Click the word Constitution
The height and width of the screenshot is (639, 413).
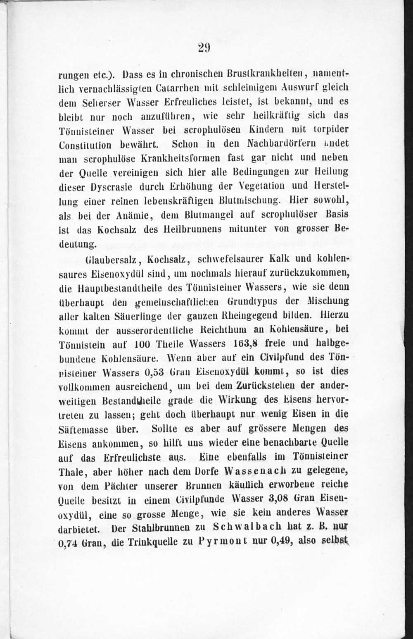[x=85, y=144]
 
